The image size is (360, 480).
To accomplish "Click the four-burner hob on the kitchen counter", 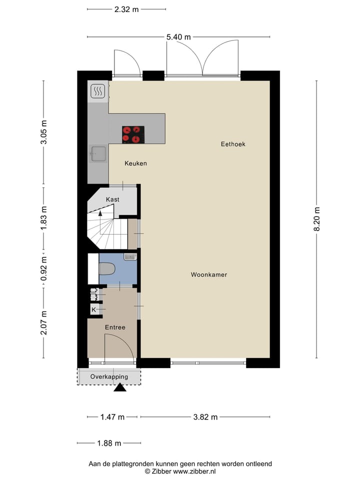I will point(133,134).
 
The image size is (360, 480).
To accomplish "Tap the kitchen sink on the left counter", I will point(97,154).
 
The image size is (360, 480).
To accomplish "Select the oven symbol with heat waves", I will point(97,91).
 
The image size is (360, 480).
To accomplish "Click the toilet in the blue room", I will point(106,269).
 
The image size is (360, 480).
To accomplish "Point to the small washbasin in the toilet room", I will point(130,257).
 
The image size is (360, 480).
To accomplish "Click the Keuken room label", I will point(135,163).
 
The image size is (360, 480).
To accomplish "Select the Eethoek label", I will point(233,144).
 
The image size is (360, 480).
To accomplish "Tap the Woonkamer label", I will point(208,274).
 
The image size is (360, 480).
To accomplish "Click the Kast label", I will point(112,199).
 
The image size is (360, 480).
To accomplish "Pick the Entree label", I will point(115,327).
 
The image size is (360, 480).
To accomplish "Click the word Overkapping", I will point(109,376).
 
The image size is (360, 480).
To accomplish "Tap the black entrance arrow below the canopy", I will point(120,387).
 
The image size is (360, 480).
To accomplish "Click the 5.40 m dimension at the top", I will point(178,36).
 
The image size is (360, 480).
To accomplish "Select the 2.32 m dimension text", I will point(126,9).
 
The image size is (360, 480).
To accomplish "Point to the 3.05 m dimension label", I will point(43,132).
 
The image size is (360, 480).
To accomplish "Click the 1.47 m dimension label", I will point(112,417).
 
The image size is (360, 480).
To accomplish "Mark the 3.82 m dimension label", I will point(205,417).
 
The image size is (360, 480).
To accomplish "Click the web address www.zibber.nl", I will point(194,471).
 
